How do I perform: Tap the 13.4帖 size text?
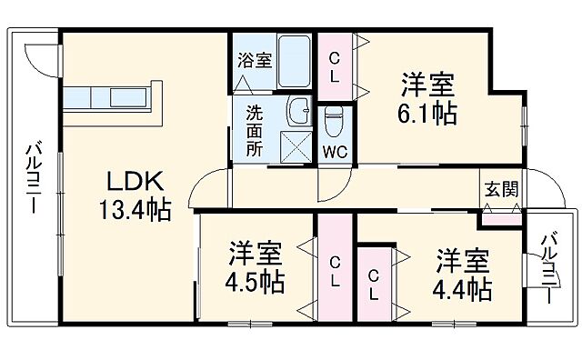tap(134, 212)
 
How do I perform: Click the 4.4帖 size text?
tap(463, 289)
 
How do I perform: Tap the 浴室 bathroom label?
tap(255, 61)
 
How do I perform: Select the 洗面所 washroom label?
tap(256, 131)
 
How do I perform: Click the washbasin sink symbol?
tap(297, 112)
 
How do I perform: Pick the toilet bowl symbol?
tap(333, 118)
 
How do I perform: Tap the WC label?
tap(334, 152)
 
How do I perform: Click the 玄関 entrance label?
tap(501, 190)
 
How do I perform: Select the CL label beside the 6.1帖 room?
tap(335, 65)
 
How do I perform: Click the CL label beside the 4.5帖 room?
tap(335, 271)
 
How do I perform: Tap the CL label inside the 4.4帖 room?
tap(374, 285)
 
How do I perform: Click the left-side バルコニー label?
tap(34, 177)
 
